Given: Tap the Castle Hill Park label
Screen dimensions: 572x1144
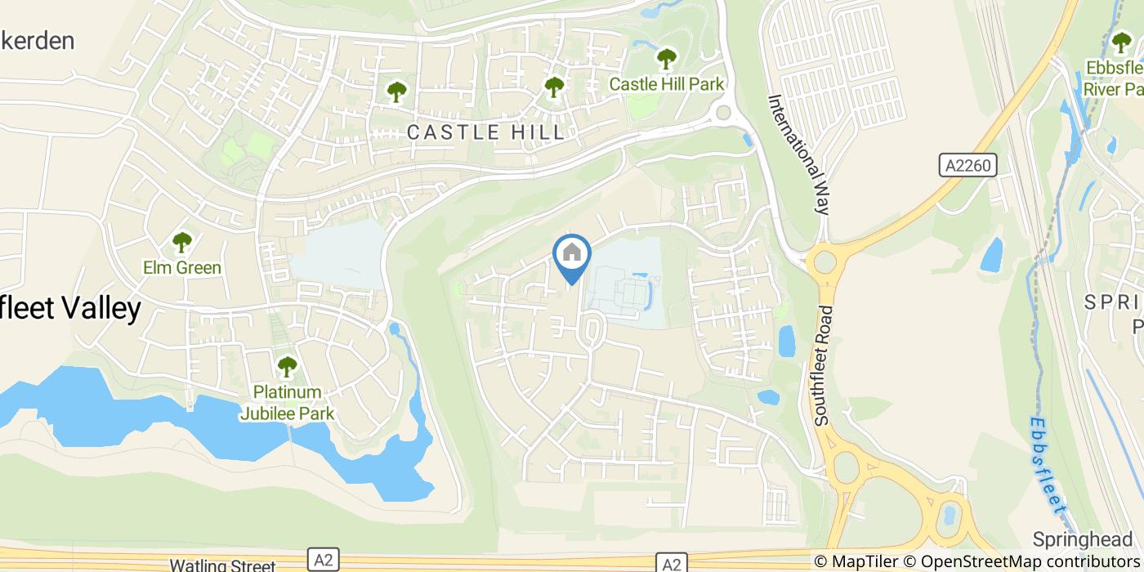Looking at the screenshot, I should click(x=667, y=84).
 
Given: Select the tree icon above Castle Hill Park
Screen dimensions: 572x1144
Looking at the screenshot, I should click(x=667, y=59).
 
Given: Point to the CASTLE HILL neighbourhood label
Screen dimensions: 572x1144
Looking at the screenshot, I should click(x=485, y=132).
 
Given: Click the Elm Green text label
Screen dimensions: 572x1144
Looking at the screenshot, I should click(x=181, y=268).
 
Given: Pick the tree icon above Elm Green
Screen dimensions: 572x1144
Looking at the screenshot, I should click(x=181, y=242).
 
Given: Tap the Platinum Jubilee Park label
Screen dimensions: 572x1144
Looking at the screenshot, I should click(x=287, y=403).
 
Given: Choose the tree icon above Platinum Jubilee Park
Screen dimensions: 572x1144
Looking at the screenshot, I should click(x=287, y=367).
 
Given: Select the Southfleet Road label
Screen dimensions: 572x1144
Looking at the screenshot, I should click(x=824, y=364).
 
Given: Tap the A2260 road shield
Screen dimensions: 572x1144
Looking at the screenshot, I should click(x=967, y=166).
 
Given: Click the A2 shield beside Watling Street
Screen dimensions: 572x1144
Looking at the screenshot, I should click(x=324, y=561).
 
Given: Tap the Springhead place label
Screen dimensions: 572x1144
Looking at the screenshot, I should click(x=1083, y=539).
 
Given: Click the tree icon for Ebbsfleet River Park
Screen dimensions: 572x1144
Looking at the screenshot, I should click(x=1122, y=42).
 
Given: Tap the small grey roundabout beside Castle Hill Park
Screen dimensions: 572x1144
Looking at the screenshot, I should click(x=722, y=113).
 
